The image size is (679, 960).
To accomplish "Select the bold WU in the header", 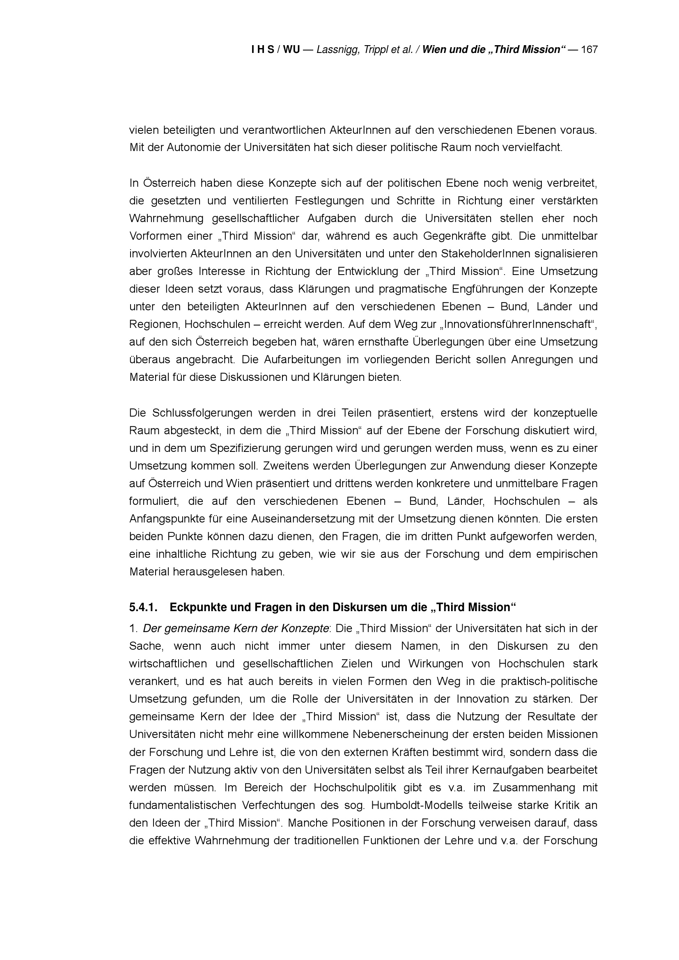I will (291, 50).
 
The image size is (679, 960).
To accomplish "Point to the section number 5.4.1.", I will (143, 607).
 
